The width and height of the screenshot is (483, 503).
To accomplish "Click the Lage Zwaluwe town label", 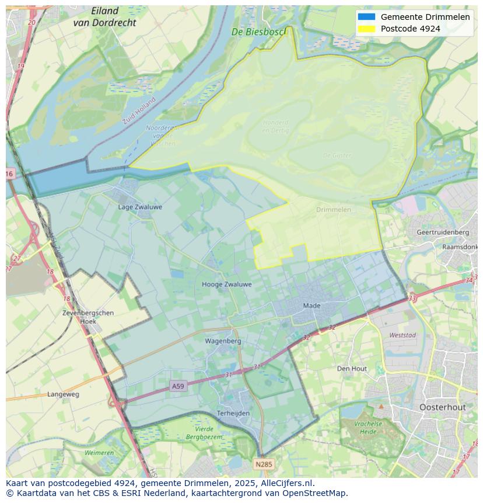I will click(x=140, y=207).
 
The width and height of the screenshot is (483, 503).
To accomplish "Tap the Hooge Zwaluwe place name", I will click(x=226, y=285).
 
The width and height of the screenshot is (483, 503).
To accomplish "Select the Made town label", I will click(x=311, y=306).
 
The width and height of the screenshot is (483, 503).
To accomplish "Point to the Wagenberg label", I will click(x=223, y=341).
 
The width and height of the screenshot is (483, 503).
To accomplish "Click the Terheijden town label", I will click(x=233, y=413).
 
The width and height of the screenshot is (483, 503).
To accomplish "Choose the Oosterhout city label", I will click(x=442, y=407).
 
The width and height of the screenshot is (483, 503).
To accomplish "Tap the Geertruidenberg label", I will click(x=443, y=232).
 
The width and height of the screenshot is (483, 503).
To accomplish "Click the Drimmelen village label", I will click(x=334, y=210).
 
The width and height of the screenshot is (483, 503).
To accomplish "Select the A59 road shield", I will click(x=178, y=386).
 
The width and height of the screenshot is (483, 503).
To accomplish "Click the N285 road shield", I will click(x=263, y=464).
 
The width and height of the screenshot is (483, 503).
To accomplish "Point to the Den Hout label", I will click(x=352, y=369).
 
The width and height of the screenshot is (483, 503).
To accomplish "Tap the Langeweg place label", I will click(x=63, y=394).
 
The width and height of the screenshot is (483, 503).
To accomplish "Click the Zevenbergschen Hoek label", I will click(x=88, y=317).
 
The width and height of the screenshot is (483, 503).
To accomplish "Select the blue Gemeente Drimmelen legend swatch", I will click(x=366, y=17).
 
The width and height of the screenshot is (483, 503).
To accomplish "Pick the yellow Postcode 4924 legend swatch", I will click(x=366, y=29).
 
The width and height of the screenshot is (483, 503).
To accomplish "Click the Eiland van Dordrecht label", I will click(x=105, y=17).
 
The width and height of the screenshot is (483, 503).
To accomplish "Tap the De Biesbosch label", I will click(x=259, y=32).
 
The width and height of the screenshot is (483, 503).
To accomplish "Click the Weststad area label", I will click(x=402, y=335).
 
